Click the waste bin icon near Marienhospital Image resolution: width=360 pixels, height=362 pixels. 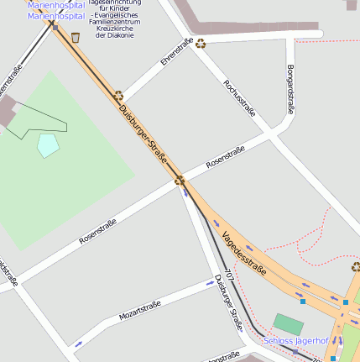[76, 37]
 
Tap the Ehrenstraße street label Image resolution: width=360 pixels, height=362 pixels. [176, 53]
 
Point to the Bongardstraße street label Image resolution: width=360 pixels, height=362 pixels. [290, 88]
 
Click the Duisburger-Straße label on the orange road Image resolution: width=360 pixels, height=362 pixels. [143, 134]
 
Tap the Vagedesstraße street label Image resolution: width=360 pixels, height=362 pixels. [244, 254]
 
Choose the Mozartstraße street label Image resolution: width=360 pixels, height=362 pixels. [139, 312]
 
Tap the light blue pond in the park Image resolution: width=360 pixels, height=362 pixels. [49, 144]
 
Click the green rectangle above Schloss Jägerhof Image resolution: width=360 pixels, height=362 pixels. [288, 323]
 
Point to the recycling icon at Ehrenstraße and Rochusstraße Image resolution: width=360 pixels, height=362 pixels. [201, 43]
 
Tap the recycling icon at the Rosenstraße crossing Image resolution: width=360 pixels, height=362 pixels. [179, 180]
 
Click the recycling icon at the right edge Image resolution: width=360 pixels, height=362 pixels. [356, 267]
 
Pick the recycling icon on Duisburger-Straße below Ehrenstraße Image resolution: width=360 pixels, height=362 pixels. [118, 96]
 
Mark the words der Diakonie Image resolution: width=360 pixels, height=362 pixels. [114, 35]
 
